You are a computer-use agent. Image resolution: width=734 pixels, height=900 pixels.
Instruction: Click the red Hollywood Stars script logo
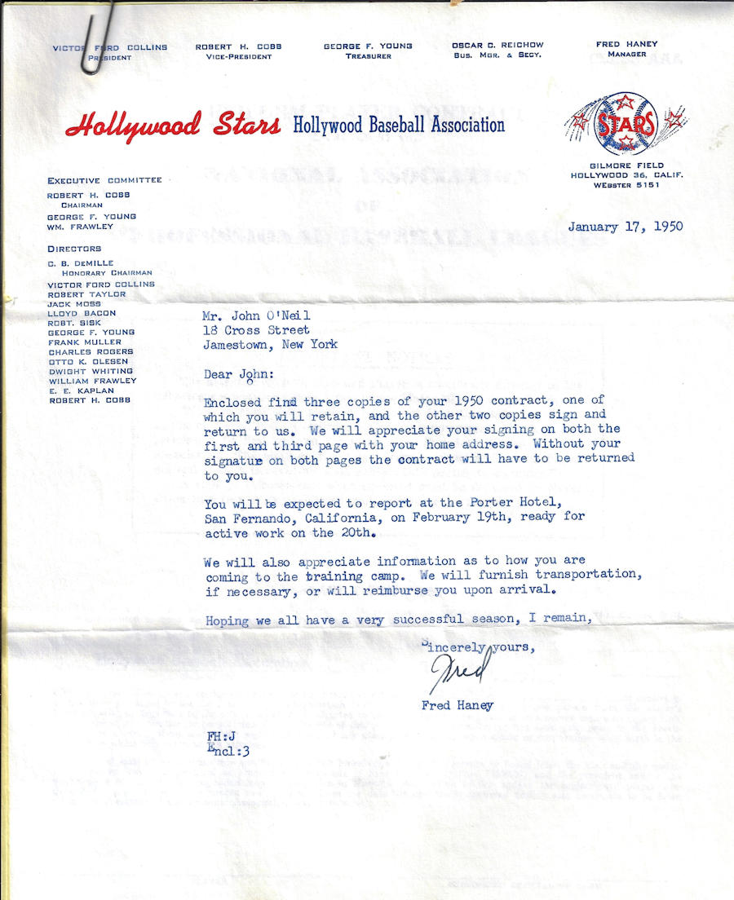pos(173,126)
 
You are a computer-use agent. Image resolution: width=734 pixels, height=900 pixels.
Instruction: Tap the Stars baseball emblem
pos(626,123)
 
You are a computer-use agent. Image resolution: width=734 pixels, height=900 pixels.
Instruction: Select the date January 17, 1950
pos(626,227)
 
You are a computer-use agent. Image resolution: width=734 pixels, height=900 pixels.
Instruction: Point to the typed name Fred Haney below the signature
pos(457,705)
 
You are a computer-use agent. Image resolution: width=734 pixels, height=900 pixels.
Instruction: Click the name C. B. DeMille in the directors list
pos(79,263)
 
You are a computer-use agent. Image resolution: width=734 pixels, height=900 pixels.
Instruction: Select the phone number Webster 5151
pos(627,186)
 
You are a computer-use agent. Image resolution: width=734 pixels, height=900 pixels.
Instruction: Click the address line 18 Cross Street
pos(256,330)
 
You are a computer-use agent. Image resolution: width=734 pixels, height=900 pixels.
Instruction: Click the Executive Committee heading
pos(104,180)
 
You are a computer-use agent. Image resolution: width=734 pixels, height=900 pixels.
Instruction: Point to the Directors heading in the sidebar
pos(74,249)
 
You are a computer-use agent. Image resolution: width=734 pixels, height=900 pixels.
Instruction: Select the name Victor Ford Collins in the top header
pos(110,47)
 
